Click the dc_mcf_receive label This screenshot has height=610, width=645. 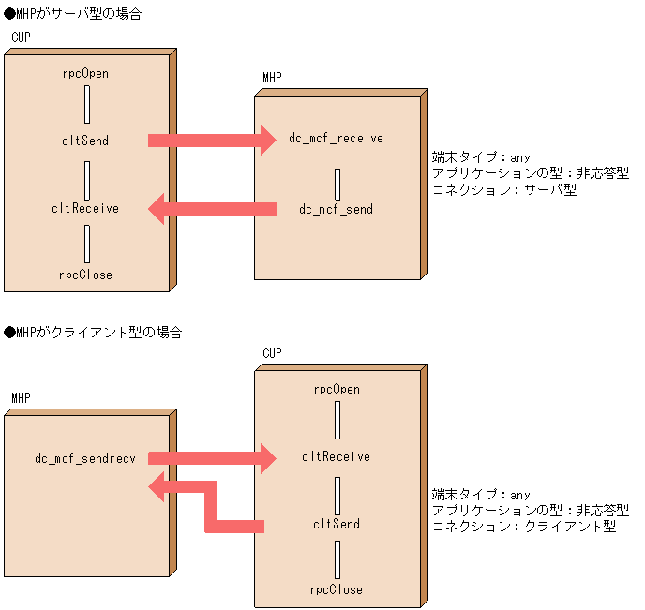[336, 139]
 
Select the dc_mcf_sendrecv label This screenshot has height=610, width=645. [85, 458]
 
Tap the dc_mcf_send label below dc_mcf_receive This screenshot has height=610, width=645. [336, 209]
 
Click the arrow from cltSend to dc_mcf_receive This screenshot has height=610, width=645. [212, 141]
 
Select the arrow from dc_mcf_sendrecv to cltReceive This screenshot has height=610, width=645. [212, 458]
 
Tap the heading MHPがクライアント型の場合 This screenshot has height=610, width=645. [93, 333]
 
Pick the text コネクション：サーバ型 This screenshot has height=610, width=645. [503, 188]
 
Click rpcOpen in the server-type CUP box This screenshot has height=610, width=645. [85, 73]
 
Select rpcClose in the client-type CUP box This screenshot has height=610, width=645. [337, 589]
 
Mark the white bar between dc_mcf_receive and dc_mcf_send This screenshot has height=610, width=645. [337, 184]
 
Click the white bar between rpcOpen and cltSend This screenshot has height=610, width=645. [86, 105]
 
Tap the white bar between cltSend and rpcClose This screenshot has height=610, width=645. [337, 559]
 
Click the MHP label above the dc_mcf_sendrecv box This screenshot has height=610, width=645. [21, 397]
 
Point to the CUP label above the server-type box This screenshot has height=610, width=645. [21, 37]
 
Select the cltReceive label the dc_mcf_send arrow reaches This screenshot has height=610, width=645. [85, 208]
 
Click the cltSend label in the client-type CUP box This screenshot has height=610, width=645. [337, 524]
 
